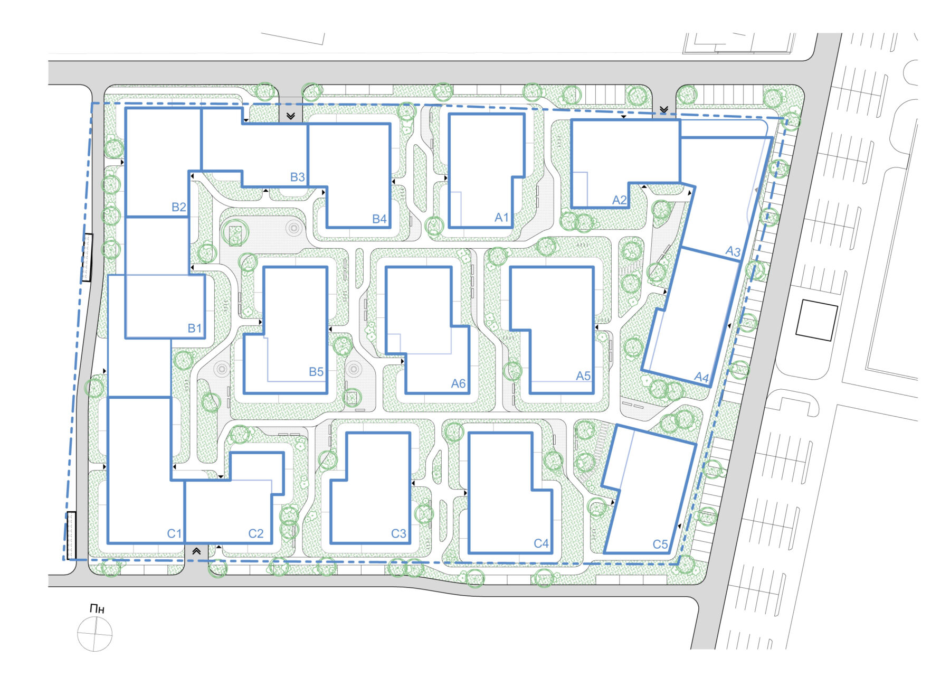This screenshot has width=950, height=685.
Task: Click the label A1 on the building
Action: tap(501, 217)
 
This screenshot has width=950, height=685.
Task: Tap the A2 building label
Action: tap(619, 200)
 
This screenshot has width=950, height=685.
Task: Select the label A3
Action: tap(733, 251)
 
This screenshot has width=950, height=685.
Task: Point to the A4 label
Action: tap(701, 377)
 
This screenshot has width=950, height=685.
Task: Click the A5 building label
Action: tap(583, 376)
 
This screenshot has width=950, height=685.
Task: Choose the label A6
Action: tap(458, 383)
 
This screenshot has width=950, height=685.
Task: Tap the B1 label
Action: tap(195, 328)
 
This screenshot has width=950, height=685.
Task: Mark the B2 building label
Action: tap(179, 207)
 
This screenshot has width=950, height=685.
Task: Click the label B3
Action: tap(298, 177)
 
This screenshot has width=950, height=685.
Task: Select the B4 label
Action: tap(379, 219)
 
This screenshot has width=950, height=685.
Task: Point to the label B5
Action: tap(316, 372)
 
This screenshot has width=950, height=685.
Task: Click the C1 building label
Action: tap(174, 533)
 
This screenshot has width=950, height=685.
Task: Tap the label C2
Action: tap(256, 533)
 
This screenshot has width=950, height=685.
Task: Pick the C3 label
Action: tap(398, 533)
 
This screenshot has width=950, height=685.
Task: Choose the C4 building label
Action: tap(541, 543)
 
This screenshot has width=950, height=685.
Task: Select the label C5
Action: tap(660, 544)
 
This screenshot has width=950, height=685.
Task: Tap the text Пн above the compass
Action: tap(97, 609)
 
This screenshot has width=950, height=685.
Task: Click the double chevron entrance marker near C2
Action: tap(196, 551)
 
